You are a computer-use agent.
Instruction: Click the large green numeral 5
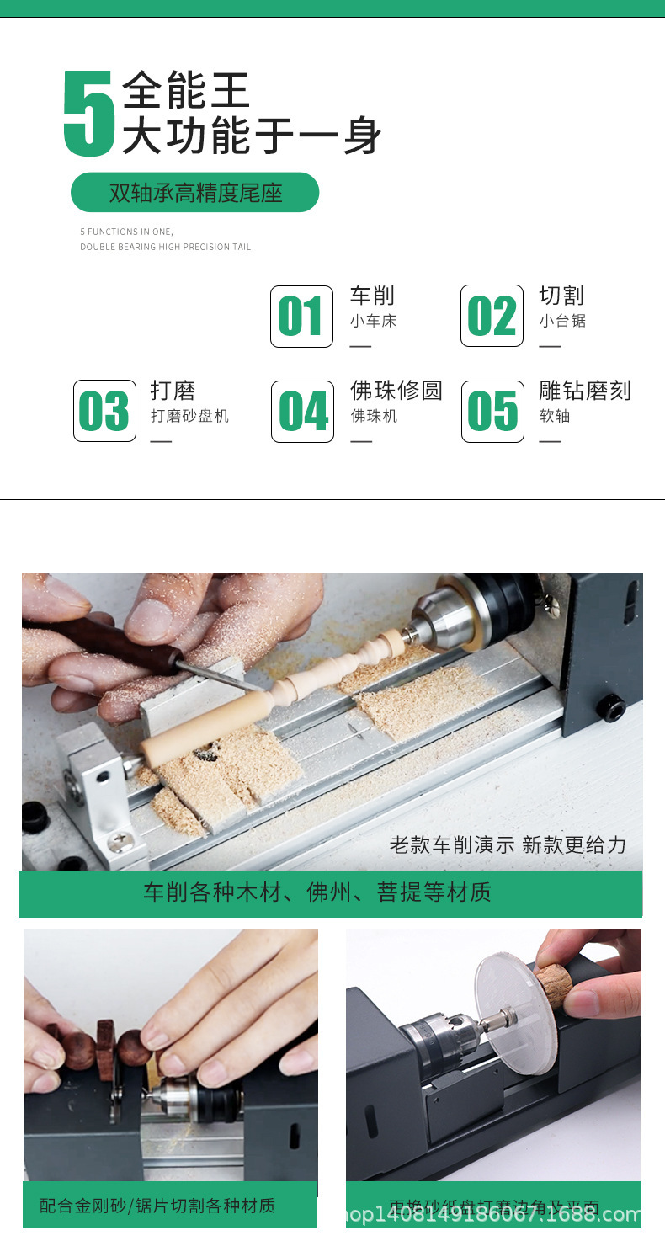pos(88,114)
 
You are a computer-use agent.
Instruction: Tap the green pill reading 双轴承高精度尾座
pos(194,193)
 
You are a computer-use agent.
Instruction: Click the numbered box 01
pos(301,317)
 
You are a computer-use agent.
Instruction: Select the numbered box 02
pos(492,317)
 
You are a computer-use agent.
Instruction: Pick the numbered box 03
pos(104,411)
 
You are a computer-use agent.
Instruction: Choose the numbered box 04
pos(302,411)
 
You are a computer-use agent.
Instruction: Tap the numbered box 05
pos(492,411)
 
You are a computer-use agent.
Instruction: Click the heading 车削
pos(372,296)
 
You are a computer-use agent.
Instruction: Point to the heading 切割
pos(561,296)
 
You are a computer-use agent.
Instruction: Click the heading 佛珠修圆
pos(396,391)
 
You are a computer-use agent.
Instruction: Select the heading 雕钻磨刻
pos(584,391)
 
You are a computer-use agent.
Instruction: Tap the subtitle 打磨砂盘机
pos(189,416)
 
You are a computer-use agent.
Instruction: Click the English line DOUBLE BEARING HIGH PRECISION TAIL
pos(166,247)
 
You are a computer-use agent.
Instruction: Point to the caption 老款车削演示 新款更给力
pos(508,844)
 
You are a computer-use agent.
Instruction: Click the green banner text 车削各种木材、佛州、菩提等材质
pos(317,892)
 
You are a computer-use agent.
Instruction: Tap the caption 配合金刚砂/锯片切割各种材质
pos(157,1206)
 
